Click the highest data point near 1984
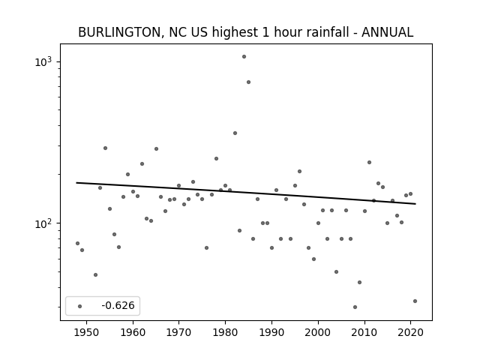tap(244, 57)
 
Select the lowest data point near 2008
tap(355, 307)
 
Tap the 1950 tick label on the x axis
tap(87, 332)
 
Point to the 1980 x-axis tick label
tap(225, 332)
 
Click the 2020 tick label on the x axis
tap(410, 332)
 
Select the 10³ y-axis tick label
tap(43, 61)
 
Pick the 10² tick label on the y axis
tap(43, 223)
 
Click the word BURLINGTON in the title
tap(119, 32)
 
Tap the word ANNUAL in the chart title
tap(387, 32)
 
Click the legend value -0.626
tap(118, 305)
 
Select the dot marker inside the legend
tap(80, 306)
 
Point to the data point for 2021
tap(415, 301)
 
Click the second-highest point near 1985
tap(248, 82)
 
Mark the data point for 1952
tap(95, 275)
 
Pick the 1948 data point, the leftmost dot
tap(77, 243)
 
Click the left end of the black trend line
tap(76, 183)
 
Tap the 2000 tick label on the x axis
tap(318, 332)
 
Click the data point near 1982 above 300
tap(235, 133)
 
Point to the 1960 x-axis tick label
tap(133, 332)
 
